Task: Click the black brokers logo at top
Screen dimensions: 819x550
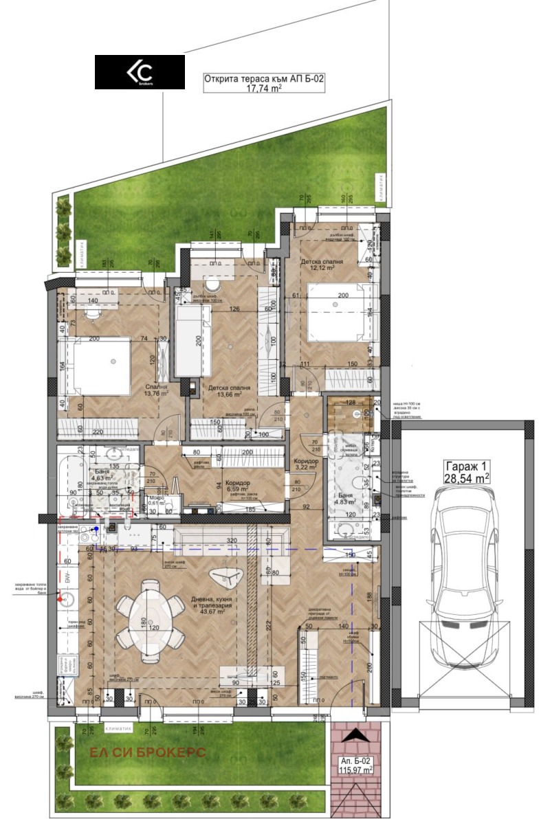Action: click(140, 72)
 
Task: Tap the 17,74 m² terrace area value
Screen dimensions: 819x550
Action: click(264, 89)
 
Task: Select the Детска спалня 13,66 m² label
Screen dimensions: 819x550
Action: click(229, 391)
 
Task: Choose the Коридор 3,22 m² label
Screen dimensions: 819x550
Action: click(305, 464)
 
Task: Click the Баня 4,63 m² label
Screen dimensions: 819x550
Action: click(101, 474)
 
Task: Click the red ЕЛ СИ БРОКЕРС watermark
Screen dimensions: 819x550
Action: click(148, 752)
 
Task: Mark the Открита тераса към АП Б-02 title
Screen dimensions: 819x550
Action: click(264, 79)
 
